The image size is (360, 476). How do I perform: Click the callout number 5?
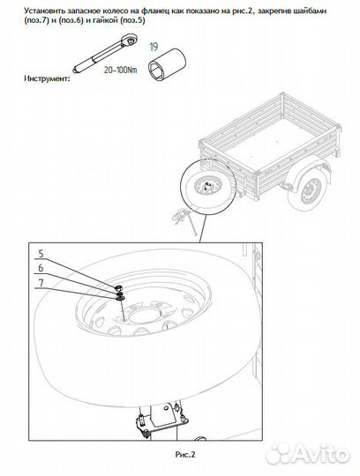click(x=41, y=254)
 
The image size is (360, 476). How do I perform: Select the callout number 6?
click(x=41, y=268)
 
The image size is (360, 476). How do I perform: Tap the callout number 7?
click(x=41, y=283)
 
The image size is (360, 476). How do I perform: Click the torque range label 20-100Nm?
click(x=120, y=70)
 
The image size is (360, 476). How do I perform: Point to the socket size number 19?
click(x=154, y=47)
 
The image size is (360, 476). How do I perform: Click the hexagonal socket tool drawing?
click(x=167, y=64)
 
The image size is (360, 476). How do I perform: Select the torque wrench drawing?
click(x=105, y=53)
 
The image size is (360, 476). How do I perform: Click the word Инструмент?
click(x=47, y=78)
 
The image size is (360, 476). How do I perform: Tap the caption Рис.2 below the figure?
click(x=185, y=455)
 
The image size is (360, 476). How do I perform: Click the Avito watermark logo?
click(x=307, y=454)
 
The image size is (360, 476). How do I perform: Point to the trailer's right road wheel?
click(x=311, y=191)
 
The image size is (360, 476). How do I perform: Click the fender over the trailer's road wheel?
click(x=306, y=177)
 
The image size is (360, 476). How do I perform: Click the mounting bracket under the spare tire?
click(x=161, y=422)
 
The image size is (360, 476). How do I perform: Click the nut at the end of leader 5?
click(x=118, y=287)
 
